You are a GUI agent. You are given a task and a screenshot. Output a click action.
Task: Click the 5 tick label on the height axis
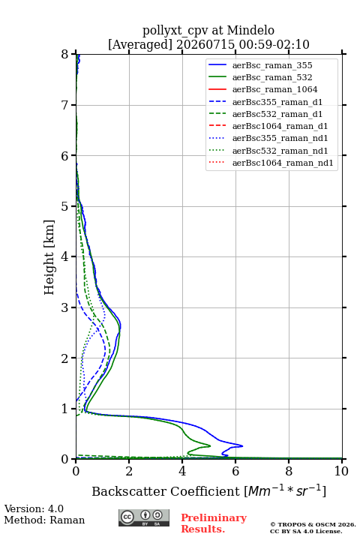click(x=65, y=206)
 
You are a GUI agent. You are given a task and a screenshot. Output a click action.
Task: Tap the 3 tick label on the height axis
click(x=65, y=307)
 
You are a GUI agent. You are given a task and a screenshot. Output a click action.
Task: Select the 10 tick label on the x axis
click(x=341, y=471)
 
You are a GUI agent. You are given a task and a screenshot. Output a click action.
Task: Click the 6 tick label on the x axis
click(x=235, y=471)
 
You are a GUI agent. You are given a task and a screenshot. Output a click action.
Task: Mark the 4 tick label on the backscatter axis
click(x=182, y=471)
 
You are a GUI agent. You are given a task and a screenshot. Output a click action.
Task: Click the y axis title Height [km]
click(x=49, y=257)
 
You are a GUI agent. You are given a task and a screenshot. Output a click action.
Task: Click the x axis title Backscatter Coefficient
click(x=165, y=491)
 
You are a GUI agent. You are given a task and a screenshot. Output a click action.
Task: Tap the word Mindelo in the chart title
click(x=250, y=30)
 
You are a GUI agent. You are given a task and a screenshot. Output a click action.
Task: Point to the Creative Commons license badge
click(x=144, y=518)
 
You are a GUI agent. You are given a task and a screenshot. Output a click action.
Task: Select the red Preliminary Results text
click(x=214, y=523)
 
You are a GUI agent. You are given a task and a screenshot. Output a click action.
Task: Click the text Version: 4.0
click(x=34, y=508)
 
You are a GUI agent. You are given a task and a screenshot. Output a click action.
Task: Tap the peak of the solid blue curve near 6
click(x=242, y=446)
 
